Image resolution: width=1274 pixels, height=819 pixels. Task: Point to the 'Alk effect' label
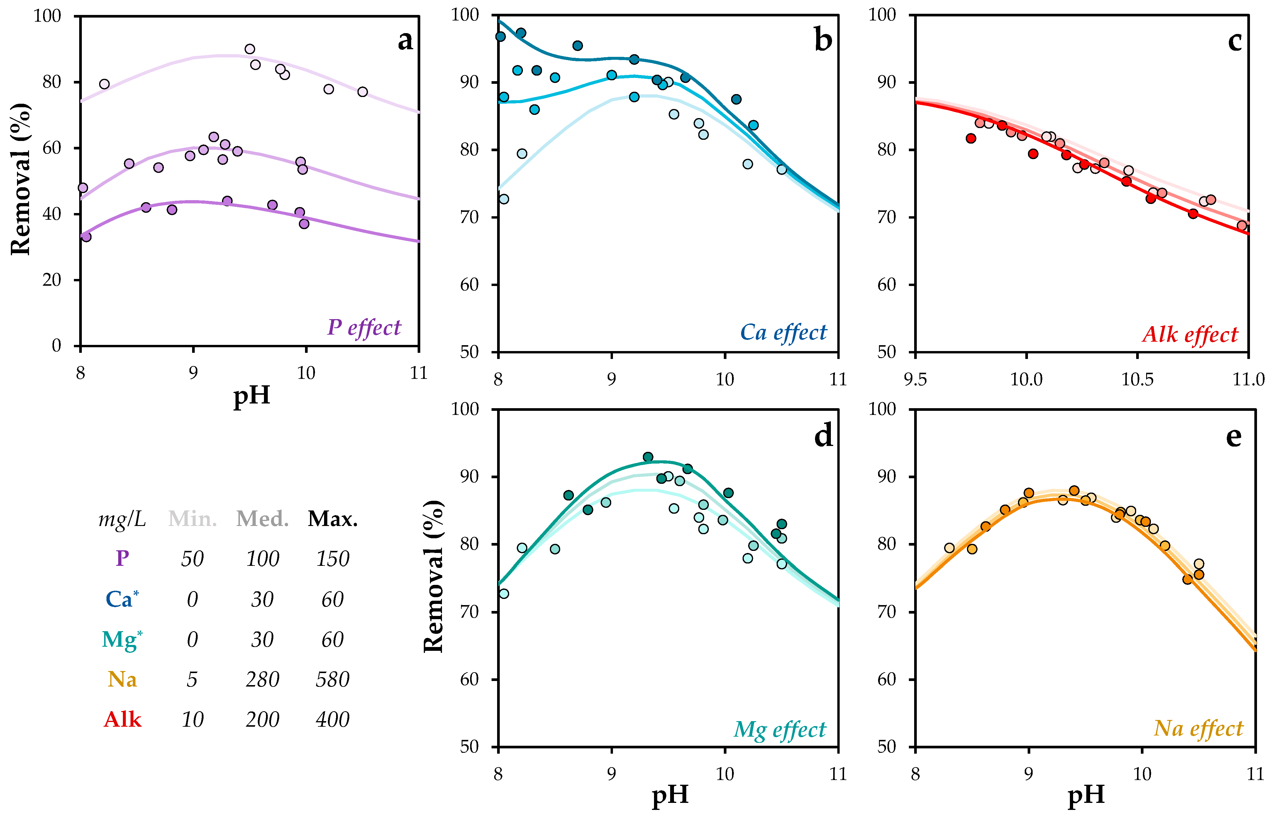point(1190,335)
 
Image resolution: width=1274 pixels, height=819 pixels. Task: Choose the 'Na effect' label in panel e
point(1198,728)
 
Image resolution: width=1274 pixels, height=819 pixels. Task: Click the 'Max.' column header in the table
point(333,519)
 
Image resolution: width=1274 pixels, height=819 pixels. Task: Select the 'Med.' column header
point(262,519)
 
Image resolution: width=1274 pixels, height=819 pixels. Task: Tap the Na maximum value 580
point(333,679)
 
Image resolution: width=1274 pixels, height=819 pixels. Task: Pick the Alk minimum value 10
point(192,720)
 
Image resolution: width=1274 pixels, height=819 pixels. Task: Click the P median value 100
point(262,559)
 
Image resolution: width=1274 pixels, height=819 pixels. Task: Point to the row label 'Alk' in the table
point(122,720)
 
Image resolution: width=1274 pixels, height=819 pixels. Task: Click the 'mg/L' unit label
point(122,519)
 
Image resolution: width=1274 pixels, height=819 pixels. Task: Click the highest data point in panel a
point(250,49)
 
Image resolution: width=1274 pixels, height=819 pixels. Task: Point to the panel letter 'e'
point(1234,436)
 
